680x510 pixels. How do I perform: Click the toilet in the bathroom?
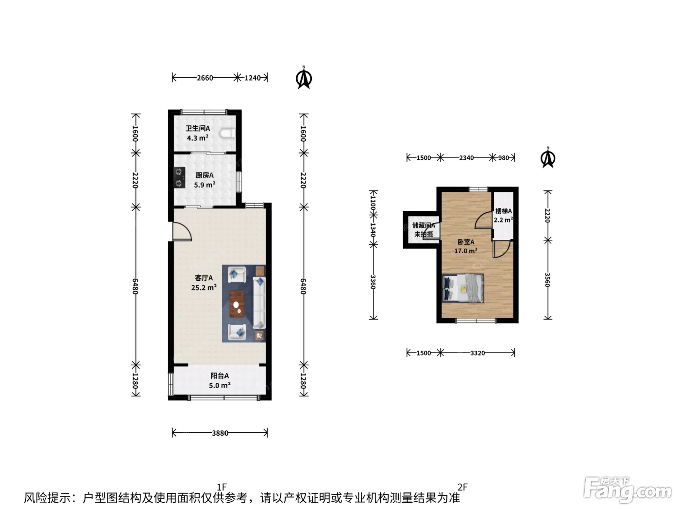[x=228, y=134]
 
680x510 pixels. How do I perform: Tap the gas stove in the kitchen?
[x=179, y=177]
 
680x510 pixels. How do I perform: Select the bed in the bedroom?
[x=463, y=289]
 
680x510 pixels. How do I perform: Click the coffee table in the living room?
[x=237, y=304]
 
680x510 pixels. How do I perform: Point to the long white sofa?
[x=259, y=303]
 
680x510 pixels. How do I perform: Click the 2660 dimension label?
[x=205, y=78]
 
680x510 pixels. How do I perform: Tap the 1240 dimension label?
[x=253, y=78]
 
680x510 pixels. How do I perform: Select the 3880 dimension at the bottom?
[x=220, y=433]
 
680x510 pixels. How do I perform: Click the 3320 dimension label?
[x=477, y=353]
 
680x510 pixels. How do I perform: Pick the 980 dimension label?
[x=503, y=158]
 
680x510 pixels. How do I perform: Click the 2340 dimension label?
[x=466, y=158]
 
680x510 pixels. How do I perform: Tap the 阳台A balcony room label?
[x=220, y=375]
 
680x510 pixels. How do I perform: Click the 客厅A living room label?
[x=204, y=278]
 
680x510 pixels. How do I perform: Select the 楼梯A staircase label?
[x=503, y=211]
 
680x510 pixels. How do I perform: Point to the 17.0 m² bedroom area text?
[x=466, y=251]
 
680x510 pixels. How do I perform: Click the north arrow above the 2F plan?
[x=548, y=157]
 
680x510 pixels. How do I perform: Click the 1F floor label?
[x=222, y=487]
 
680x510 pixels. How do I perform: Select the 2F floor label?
[x=462, y=487]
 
